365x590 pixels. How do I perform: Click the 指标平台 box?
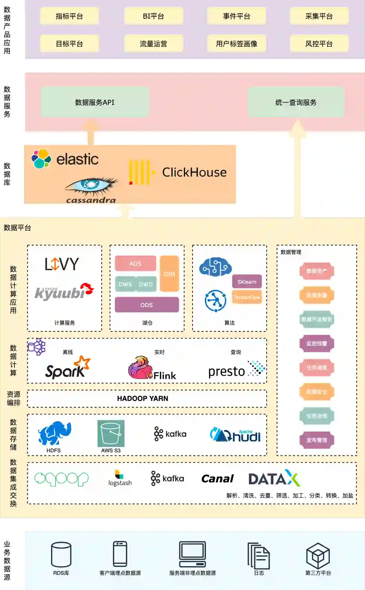pyautogui.click(x=69, y=16)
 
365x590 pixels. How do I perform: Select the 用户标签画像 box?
pyautogui.click(x=237, y=44)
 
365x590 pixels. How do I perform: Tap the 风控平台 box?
pyautogui.click(x=319, y=44)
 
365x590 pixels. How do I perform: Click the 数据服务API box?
pyautogui.click(x=95, y=102)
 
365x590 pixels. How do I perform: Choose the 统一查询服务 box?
pyautogui.click(x=296, y=102)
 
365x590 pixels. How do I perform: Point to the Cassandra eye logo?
pyautogui.click(x=91, y=185)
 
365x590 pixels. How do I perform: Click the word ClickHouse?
pyautogui.click(x=194, y=172)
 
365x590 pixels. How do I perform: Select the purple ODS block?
pyautogui.click(x=147, y=305)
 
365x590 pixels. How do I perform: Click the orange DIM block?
pyautogui.click(x=169, y=274)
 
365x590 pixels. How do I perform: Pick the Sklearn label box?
pyautogui.click(x=247, y=282)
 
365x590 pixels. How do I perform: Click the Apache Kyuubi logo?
pyautogui.click(x=64, y=292)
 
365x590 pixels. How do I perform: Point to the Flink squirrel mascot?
pyautogui.click(x=140, y=367)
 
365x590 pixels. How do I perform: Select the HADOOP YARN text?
pyautogui.click(x=142, y=399)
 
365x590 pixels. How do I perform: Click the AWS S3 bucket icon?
pyautogui.click(x=111, y=433)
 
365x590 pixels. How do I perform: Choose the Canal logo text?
pyautogui.click(x=217, y=479)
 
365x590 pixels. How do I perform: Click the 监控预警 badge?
pyautogui.click(x=317, y=343)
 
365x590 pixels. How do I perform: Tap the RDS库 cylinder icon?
pyautogui.click(x=61, y=554)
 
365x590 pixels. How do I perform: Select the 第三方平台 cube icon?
pyautogui.click(x=318, y=555)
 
